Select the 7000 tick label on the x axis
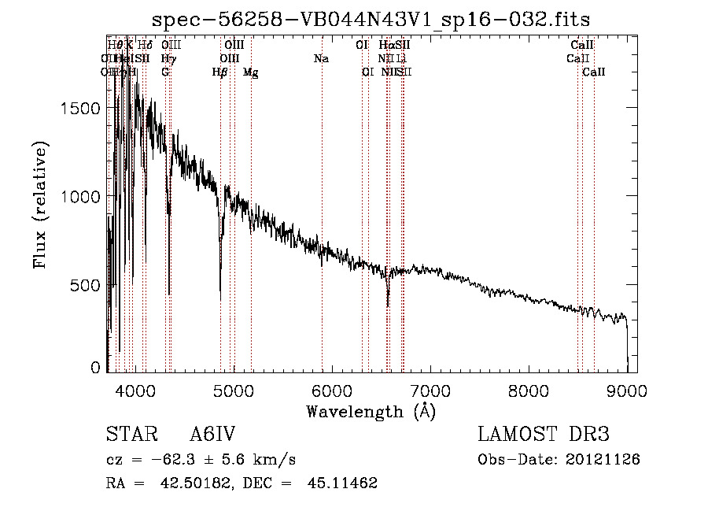click(x=430, y=390)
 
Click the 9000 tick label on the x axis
click(x=627, y=390)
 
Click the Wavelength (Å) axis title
click(x=371, y=411)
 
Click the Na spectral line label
click(x=321, y=59)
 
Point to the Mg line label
click(x=250, y=72)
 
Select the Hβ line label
click(x=219, y=72)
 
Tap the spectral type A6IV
click(x=212, y=435)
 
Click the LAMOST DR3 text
click(x=544, y=435)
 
